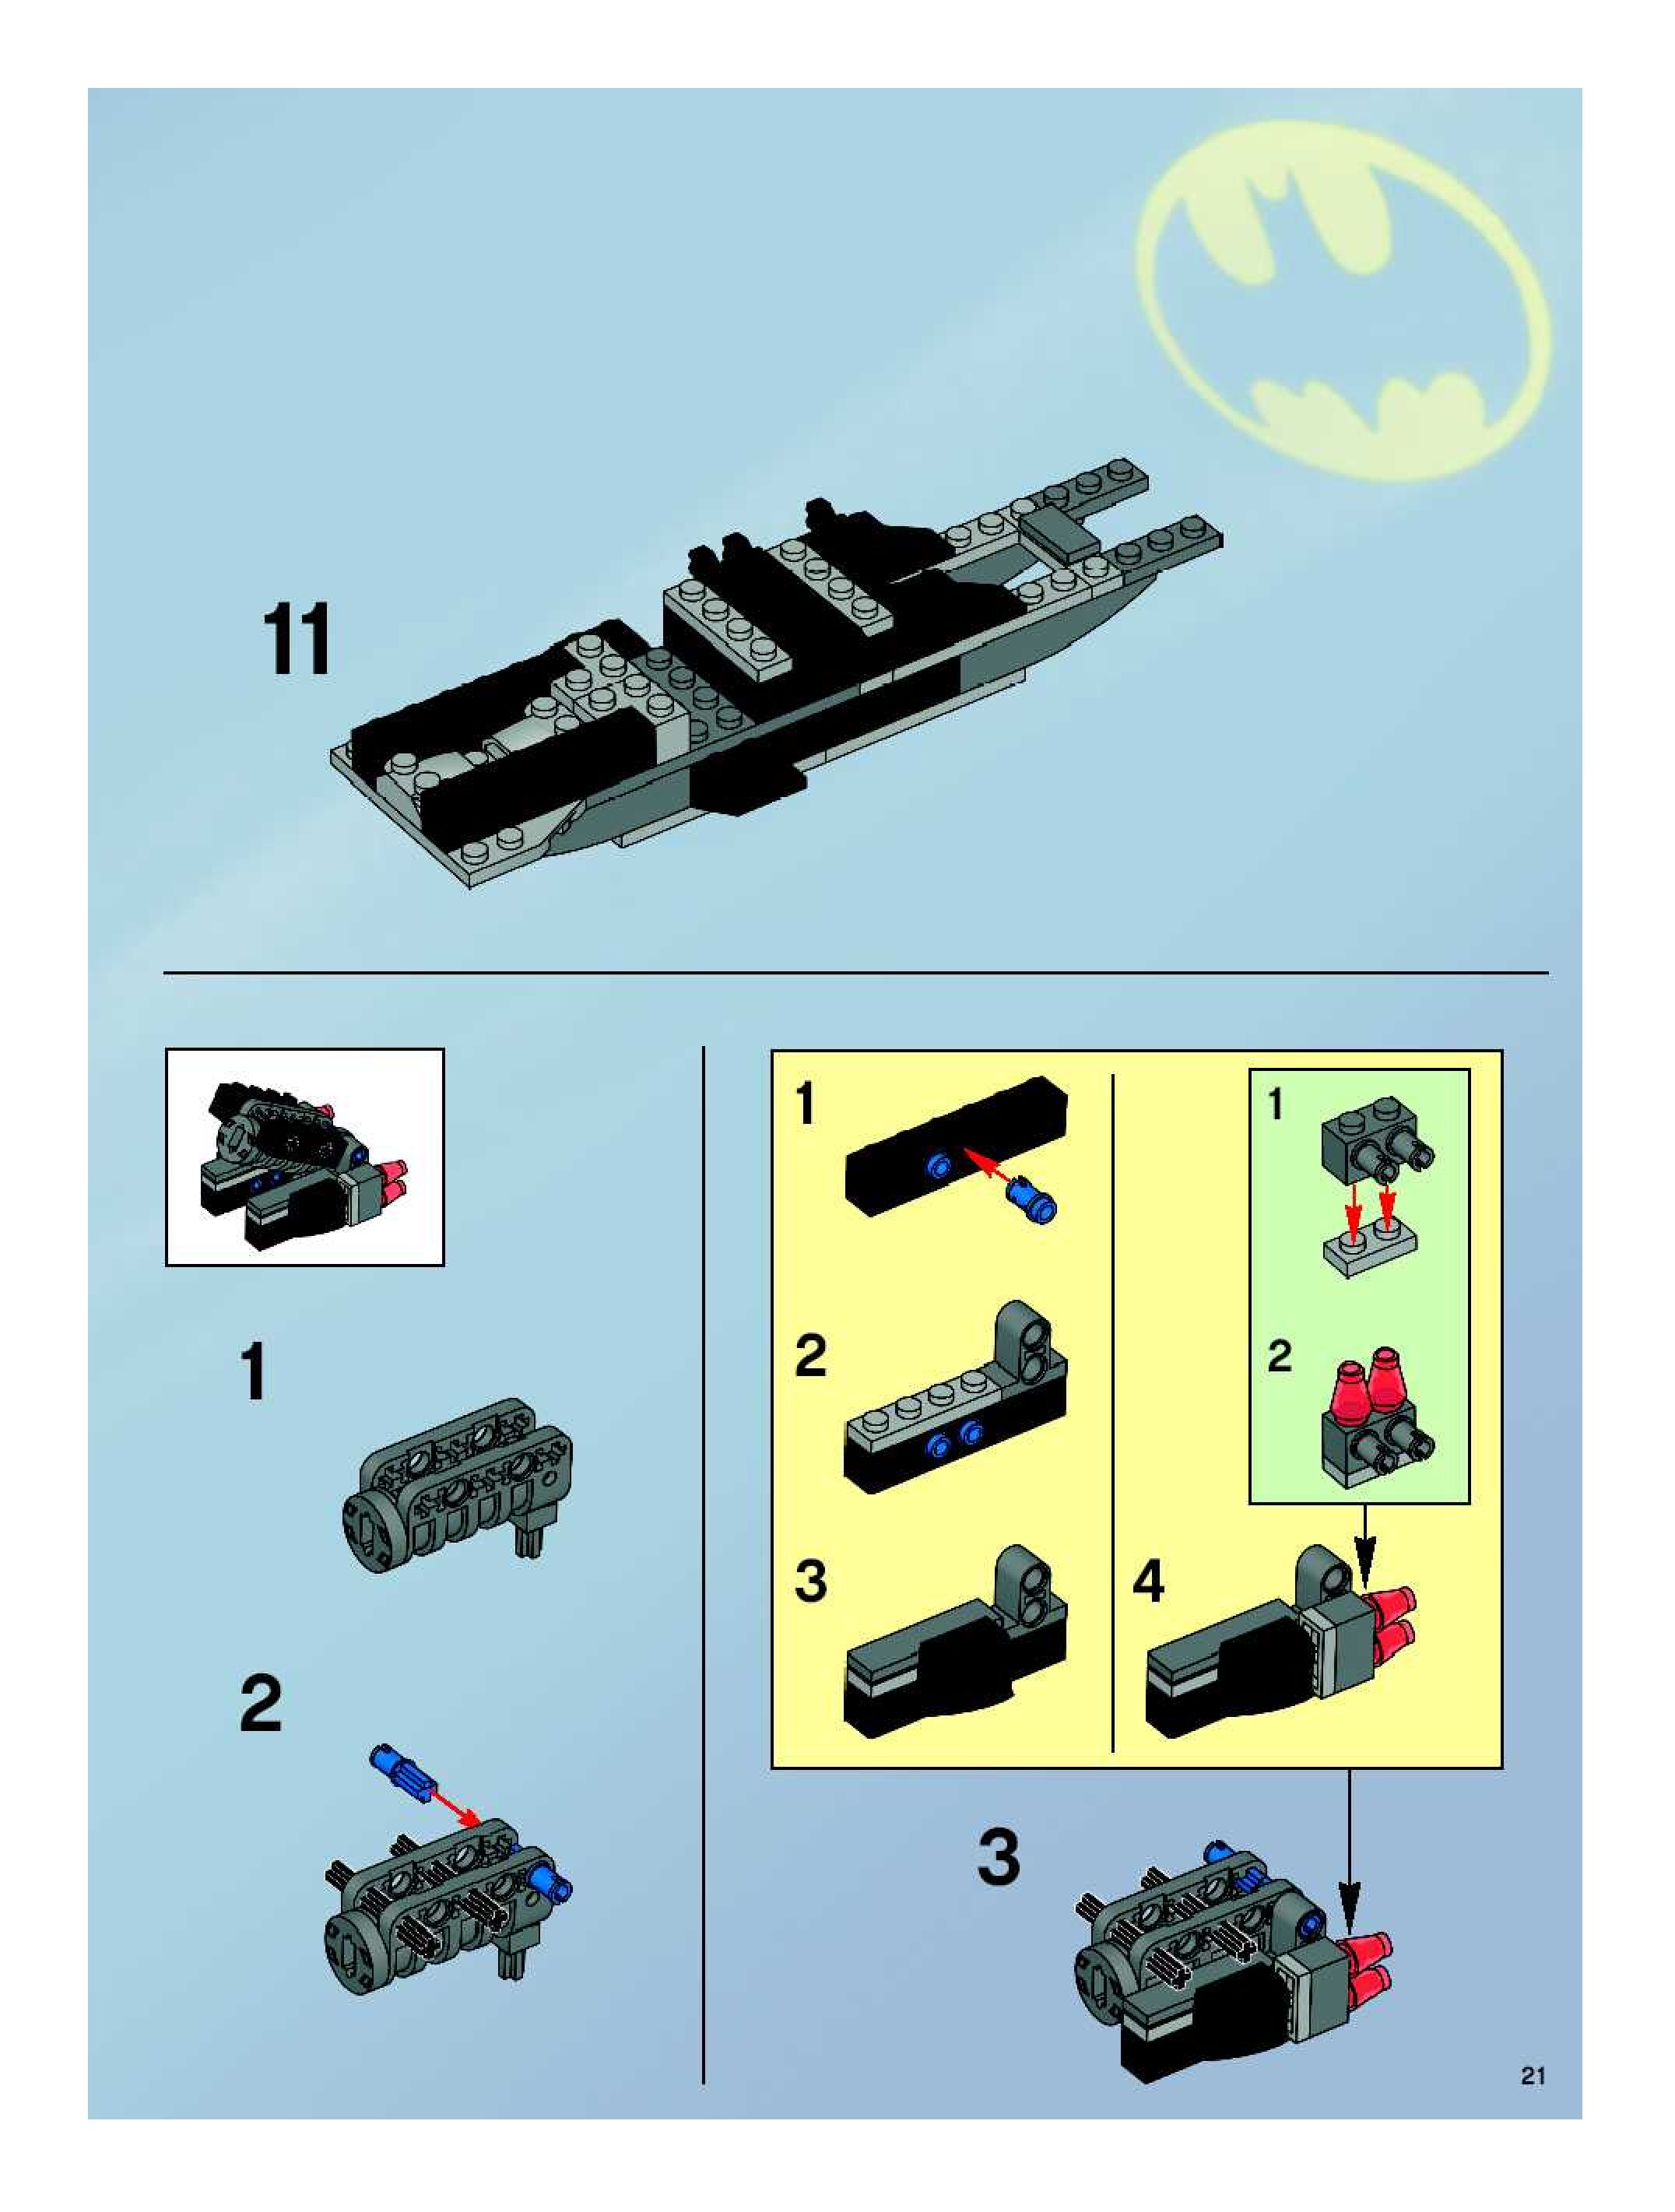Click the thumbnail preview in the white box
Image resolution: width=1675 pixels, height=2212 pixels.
click(x=305, y=1157)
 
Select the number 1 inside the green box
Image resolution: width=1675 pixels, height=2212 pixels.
click(x=1276, y=1104)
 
